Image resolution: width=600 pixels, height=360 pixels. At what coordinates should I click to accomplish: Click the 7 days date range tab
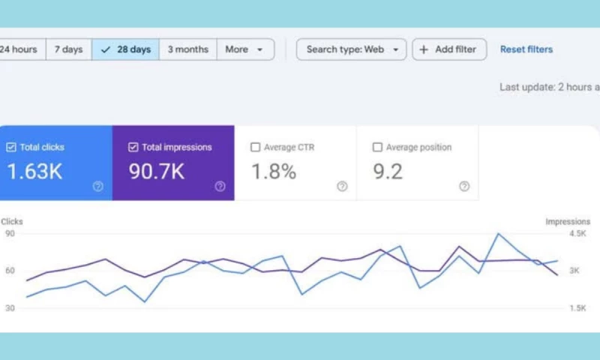(68, 49)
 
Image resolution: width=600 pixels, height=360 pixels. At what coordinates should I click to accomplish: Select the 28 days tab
(125, 49)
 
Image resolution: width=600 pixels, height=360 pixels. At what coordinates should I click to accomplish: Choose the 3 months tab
(187, 49)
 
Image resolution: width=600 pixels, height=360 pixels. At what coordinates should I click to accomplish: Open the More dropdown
(244, 49)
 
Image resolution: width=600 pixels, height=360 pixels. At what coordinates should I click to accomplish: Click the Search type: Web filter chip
(352, 49)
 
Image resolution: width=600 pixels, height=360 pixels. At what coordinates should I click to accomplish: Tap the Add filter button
(448, 49)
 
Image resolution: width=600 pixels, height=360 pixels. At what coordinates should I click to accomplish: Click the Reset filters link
(526, 49)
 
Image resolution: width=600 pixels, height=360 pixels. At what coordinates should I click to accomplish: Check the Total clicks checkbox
(11, 148)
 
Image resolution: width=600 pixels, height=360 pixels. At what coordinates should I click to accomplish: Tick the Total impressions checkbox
(133, 148)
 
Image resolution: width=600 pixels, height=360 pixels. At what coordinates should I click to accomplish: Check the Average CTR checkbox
(256, 148)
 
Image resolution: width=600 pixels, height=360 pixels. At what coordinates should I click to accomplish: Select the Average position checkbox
(377, 148)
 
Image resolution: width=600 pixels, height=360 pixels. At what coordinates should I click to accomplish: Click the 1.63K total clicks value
(35, 171)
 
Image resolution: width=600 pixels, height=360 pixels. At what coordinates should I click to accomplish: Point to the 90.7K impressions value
(157, 171)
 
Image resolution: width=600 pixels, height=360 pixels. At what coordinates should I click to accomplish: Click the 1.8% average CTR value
(274, 171)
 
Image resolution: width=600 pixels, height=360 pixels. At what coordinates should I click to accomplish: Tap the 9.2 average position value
(388, 171)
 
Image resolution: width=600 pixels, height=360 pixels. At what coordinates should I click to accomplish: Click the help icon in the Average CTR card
(342, 187)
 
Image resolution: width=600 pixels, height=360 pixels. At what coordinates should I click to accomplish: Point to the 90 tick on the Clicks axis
(10, 233)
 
